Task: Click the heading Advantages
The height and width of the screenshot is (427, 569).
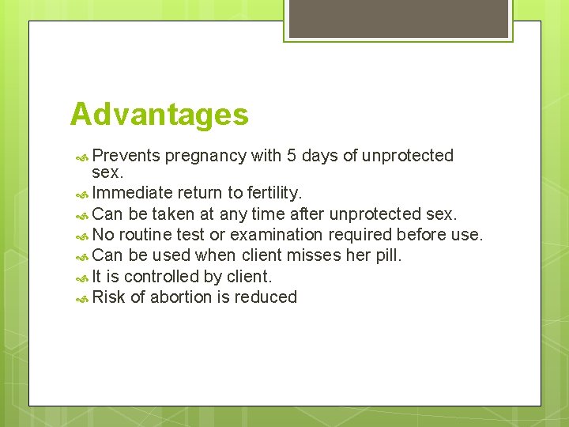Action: coord(159,115)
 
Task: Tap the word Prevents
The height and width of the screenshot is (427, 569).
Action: coord(126,156)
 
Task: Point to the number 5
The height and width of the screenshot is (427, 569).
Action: coord(292,156)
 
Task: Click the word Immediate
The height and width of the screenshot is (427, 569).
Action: coord(132,194)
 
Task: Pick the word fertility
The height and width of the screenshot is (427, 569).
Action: coord(273,194)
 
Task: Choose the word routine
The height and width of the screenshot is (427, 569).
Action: coord(150,235)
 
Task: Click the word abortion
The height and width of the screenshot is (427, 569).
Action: coord(183,297)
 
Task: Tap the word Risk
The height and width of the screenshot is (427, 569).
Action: coord(108,297)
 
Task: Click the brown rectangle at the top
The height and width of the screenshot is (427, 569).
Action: coord(398,18)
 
